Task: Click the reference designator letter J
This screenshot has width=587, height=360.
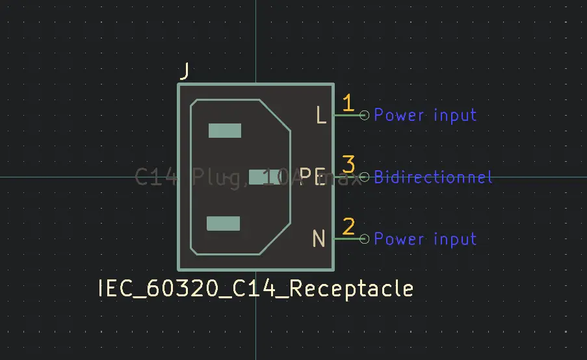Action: pos(185,71)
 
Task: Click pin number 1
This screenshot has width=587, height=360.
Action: pos(348,103)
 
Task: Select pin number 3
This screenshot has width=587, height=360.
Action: pos(348,164)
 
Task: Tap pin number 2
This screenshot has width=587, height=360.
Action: pos(348,227)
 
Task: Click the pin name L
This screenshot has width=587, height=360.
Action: pos(320,116)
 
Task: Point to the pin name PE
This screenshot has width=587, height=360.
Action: pos(312,177)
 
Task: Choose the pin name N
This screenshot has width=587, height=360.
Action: pos(319,239)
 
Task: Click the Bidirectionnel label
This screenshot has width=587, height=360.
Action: pos(433,177)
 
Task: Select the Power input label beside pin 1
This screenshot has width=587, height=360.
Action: pos(425,115)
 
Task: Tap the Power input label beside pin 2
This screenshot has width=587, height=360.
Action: pos(425,239)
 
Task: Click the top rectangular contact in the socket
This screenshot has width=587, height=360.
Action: pos(225,131)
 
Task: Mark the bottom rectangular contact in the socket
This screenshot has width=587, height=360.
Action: pos(223,224)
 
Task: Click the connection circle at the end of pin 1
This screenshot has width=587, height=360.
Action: pos(364,115)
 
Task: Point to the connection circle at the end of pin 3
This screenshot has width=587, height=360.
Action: pos(364,177)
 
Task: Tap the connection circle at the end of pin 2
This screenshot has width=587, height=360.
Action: pos(364,239)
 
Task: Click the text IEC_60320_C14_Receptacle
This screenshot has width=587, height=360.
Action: pos(255,288)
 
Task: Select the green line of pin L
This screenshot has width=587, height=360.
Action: pos(346,115)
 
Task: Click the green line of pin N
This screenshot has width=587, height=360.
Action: pos(346,239)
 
